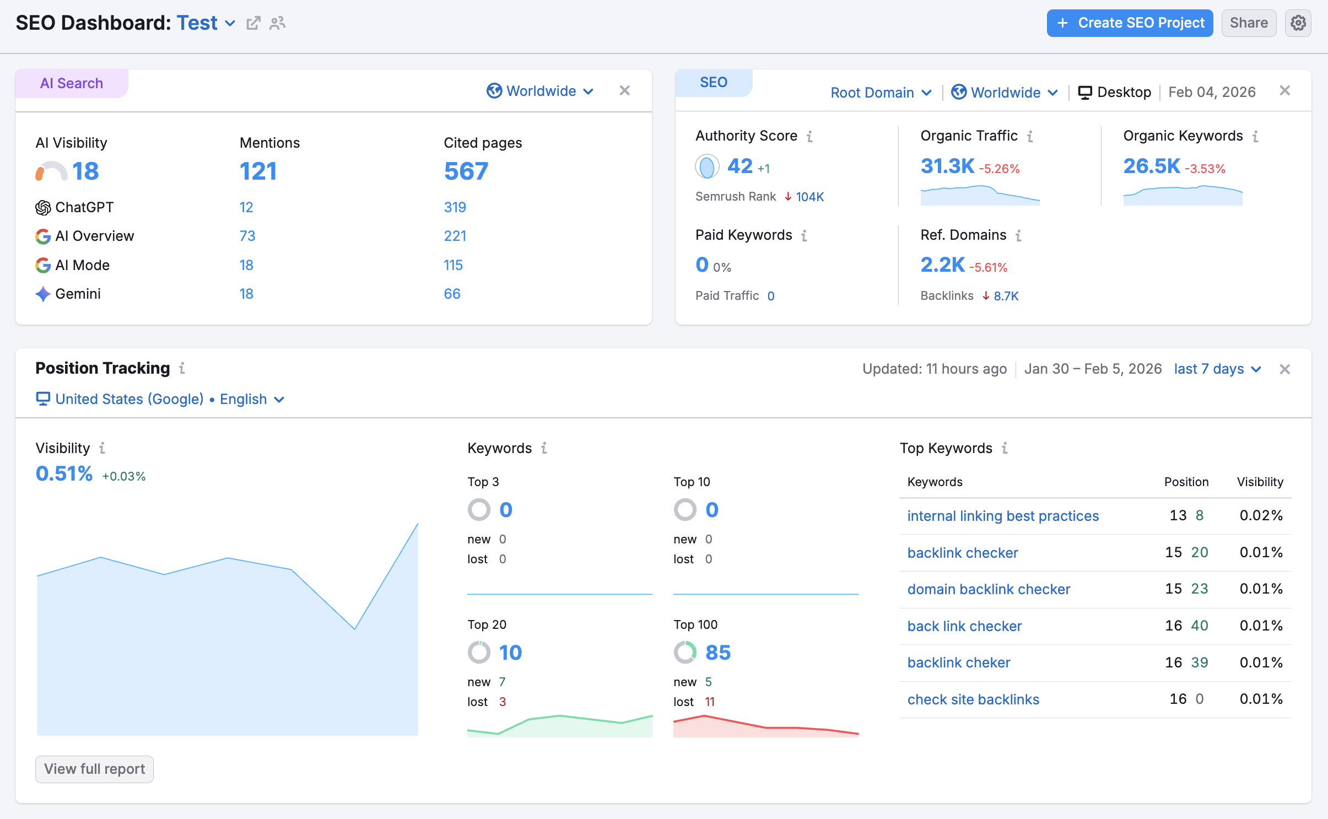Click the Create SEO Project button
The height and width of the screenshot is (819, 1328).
1130,23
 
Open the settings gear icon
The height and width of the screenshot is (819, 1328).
1298,23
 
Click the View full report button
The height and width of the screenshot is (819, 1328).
94,769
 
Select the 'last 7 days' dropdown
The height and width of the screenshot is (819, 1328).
1217,369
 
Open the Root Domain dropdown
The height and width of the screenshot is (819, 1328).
881,93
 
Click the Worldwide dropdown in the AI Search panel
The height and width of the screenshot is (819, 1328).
540,91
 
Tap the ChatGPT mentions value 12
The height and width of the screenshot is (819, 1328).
246,207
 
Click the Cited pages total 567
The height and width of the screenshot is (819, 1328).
466,171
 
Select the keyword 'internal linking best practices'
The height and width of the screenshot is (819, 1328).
1003,516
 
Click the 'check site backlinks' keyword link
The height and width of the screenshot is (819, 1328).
973,699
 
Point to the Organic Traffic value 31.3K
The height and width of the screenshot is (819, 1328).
948,166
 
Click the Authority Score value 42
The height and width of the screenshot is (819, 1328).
739,166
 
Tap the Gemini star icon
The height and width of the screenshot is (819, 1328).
43,294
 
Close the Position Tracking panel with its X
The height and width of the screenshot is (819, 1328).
1284,369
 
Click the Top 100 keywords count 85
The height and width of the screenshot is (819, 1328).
718,653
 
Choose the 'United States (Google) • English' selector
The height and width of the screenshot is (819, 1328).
160,399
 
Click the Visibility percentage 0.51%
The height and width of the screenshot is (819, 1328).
64,473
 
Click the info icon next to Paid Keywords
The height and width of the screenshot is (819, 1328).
805,235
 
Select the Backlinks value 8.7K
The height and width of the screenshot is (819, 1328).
1006,296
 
